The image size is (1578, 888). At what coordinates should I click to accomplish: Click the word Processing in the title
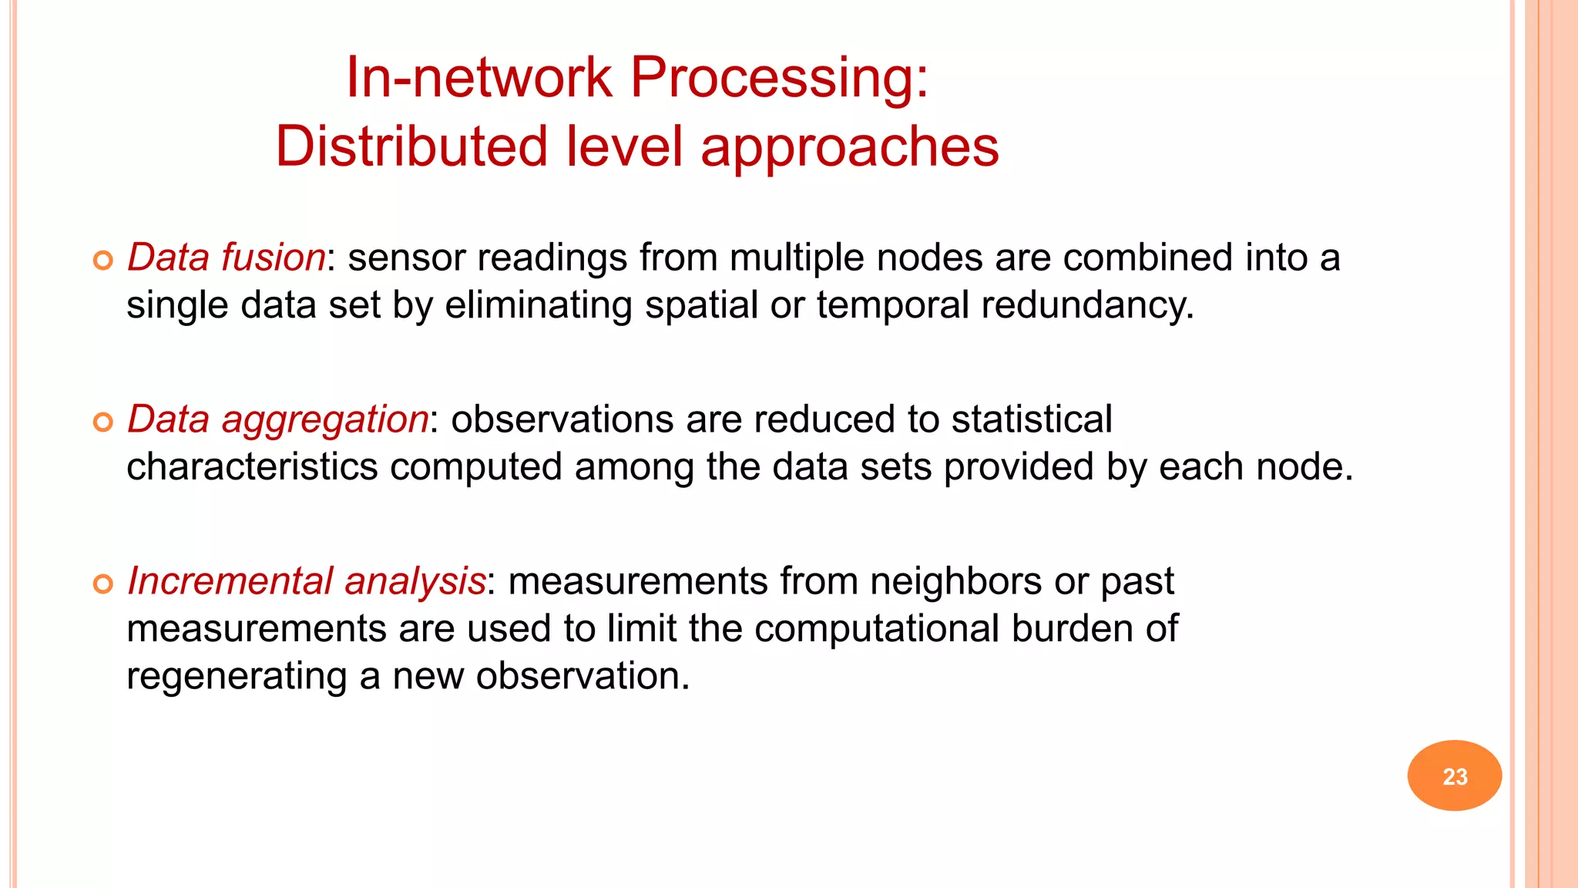[780, 79]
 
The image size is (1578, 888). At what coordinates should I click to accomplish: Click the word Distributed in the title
[411, 146]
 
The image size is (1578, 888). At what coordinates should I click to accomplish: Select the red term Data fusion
[226, 257]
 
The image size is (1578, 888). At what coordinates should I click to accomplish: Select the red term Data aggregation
[277, 419]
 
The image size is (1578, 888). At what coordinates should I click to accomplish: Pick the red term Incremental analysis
[306, 581]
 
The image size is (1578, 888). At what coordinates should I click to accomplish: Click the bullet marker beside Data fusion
[103, 261]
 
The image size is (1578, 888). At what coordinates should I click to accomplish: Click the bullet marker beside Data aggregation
[103, 422]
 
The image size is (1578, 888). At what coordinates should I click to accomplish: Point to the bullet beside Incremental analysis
[103, 584]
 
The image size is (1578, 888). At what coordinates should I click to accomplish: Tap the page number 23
[1454, 776]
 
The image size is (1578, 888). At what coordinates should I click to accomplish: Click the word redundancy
[1086, 305]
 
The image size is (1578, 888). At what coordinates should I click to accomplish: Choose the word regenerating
[237, 677]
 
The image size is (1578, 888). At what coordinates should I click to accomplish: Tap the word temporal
[892, 305]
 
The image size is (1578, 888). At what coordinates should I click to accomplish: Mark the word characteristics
[252, 467]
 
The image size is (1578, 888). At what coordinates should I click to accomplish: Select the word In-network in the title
[478, 79]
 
